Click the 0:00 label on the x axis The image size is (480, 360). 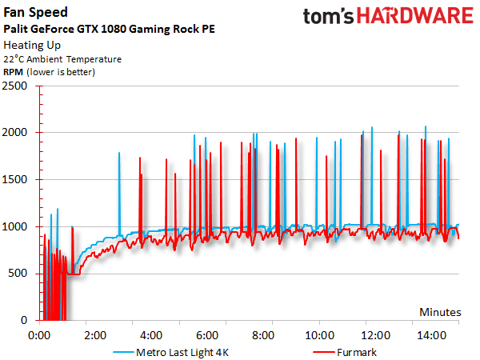point(38,334)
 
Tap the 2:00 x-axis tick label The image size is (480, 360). point(94,334)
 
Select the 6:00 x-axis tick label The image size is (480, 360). point(207,334)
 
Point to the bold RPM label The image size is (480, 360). point(14,72)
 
